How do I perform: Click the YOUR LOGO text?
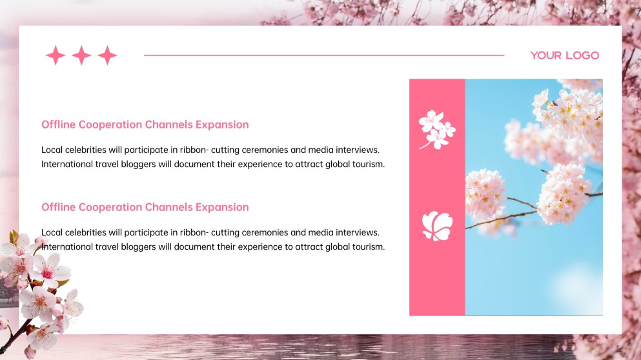point(564,55)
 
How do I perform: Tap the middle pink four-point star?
point(81,55)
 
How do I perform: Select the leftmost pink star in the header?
point(56,55)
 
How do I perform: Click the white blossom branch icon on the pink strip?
point(436,129)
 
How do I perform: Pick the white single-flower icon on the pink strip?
point(437,226)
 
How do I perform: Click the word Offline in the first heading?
point(58,125)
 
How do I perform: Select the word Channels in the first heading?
point(168,125)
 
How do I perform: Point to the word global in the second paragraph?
point(331,246)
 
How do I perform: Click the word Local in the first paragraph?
point(52,150)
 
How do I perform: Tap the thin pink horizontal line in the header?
point(323,55)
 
